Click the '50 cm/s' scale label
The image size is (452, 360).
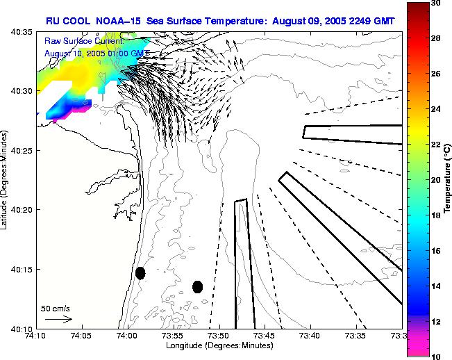coord(54,308)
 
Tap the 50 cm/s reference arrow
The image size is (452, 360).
coord(58,319)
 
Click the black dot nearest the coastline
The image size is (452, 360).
coord(140,273)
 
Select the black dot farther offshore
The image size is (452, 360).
coord(197,286)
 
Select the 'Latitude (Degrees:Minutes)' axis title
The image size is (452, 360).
coord(6,180)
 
